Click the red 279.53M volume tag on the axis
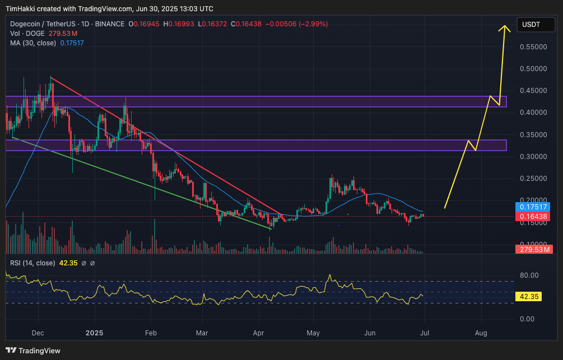tap(534, 249)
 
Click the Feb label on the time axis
tap(151, 333)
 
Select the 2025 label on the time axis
tap(95, 333)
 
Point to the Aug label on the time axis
tap(481, 333)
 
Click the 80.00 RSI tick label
tap(529, 275)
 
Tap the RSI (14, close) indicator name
tap(32, 263)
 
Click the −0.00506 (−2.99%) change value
tap(296, 24)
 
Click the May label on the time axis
tap(313, 333)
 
